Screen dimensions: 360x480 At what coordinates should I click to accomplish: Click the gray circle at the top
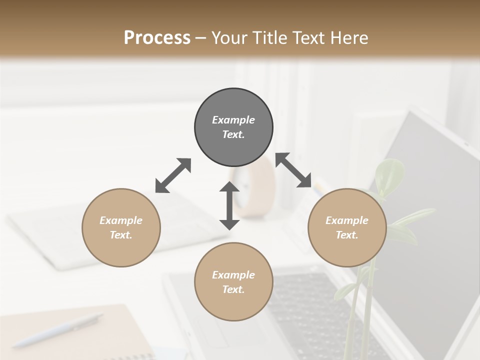pos(233,127)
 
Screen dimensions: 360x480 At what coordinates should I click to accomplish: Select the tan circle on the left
pos(121,227)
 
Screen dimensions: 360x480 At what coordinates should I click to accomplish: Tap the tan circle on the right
pos(346,227)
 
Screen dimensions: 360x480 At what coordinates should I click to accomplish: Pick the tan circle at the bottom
pos(233,281)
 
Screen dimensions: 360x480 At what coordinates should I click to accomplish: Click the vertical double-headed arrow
pos(229,205)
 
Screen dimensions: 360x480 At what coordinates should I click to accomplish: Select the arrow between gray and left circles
pos(173,175)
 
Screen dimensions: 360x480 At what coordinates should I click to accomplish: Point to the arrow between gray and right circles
pos(293,170)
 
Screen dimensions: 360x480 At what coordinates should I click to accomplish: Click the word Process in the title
pos(157,37)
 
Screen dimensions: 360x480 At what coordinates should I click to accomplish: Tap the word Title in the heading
pos(268,37)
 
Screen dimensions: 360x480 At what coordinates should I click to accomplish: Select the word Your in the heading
pos(228,37)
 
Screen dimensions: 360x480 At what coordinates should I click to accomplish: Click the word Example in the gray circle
pos(233,120)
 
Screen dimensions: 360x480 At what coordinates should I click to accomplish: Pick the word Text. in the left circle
pos(121,235)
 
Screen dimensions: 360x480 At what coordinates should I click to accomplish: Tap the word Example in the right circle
pos(346,220)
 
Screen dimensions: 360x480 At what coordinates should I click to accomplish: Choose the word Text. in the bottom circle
pos(233,289)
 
